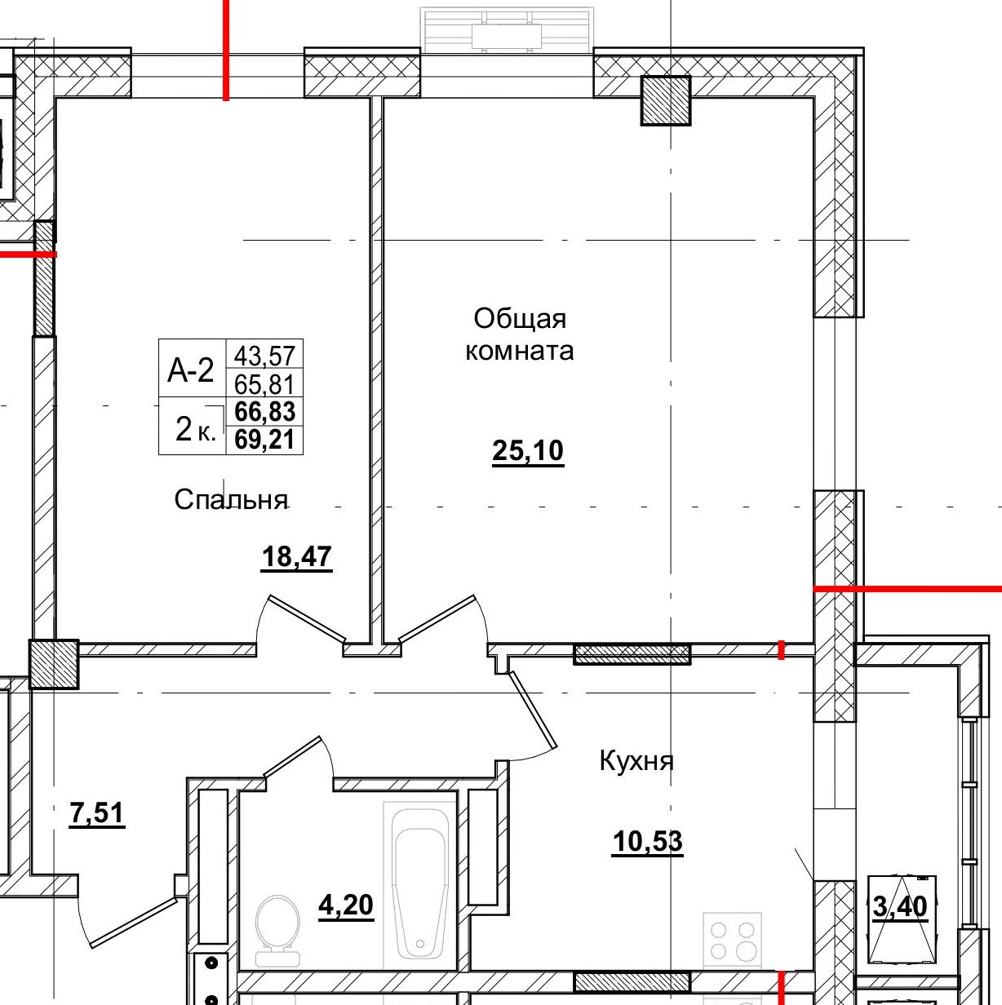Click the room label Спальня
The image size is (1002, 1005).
point(231,499)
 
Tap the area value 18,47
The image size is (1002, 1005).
point(296,557)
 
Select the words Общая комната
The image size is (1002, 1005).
point(520,334)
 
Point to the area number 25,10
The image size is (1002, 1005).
point(528,450)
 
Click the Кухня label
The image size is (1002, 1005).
point(636,761)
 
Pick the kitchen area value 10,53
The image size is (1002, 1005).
point(647,841)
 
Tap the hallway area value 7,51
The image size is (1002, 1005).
point(97,813)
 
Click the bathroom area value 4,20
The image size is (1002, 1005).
point(346,905)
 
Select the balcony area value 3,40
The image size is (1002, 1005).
point(900,906)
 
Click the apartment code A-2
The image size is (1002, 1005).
point(191,370)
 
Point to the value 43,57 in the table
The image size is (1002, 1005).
point(264,355)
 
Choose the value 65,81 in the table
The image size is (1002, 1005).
point(264,383)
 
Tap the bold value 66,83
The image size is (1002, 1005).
point(264,411)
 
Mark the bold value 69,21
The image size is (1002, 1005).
point(264,440)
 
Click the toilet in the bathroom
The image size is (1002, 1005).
point(277,930)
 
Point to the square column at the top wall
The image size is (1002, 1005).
point(666,100)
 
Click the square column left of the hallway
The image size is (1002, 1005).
point(54,664)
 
